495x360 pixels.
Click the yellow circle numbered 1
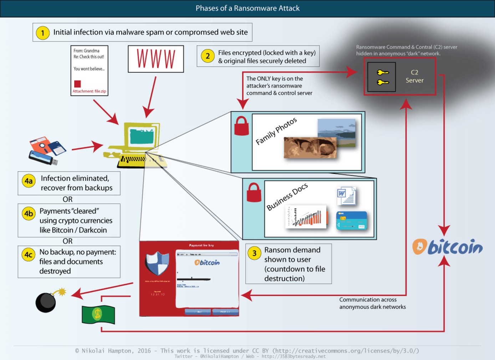point(43,33)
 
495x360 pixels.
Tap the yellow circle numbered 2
point(208,56)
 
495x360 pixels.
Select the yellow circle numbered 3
point(254,253)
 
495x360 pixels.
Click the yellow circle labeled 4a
point(29,181)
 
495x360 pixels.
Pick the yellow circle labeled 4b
point(29,213)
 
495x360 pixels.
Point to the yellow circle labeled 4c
point(29,254)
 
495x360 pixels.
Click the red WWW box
point(156,59)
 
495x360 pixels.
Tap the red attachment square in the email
point(77,84)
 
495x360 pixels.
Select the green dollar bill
point(98,314)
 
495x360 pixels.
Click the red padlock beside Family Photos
point(241,127)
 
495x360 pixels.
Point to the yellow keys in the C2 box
point(382,77)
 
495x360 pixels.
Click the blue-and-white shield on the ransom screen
point(157,263)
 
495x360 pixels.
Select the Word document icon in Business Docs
point(346,196)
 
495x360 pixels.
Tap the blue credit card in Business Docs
point(351,220)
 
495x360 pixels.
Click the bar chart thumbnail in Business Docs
point(306,217)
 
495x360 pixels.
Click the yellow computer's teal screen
point(142,136)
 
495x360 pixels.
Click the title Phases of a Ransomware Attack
point(247,8)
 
